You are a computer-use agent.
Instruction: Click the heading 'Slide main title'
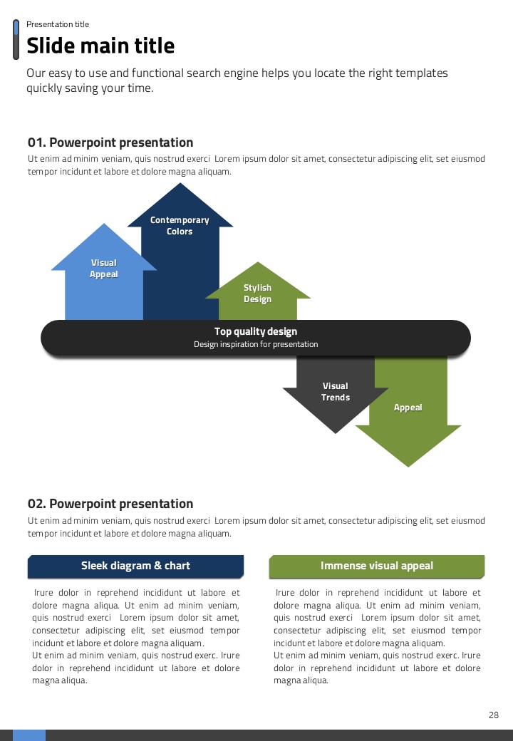pyautogui.click(x=100, y=46)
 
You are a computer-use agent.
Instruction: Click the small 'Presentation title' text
pyautogui.click(x=58, y=24)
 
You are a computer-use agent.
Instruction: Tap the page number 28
pyautogui.click(x=494, y=715)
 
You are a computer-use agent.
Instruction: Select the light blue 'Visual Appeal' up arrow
pyautogui.click(x=103, y=285)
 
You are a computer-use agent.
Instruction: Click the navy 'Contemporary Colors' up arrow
pyautogui.click(x=180, y=264)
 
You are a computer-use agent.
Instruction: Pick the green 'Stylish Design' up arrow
pyautogui.click(x=258, y=299)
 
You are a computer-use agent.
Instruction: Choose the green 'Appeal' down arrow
pyautogui.click(x=408, y=420)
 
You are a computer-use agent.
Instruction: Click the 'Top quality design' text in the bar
pyautogui.click(x=256, y=331)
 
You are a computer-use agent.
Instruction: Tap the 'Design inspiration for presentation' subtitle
pyautogui.click(x=256, y=345)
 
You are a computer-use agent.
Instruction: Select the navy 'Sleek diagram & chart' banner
pyautogui.click(x=135, y=566)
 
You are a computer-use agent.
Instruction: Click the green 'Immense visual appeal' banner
pyautogui.click(x=376, y=566)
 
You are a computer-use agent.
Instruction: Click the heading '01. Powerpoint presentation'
pyautogui.click(x=110, y=142)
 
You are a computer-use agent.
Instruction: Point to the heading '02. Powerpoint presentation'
pyautogui.click(x=110, y=504)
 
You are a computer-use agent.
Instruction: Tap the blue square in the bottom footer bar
pyautogui.click(x=28, y=735)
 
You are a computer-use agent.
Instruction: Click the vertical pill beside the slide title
pyautogui.click(x=16, y=40)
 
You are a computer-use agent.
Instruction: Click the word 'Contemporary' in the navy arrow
pyautogui.click(x=180, y=220)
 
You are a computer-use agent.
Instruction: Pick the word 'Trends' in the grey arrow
pyautogui.click(x=335, y=398)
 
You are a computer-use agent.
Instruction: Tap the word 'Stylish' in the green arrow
pyautogui.click(x=257, y=288)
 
